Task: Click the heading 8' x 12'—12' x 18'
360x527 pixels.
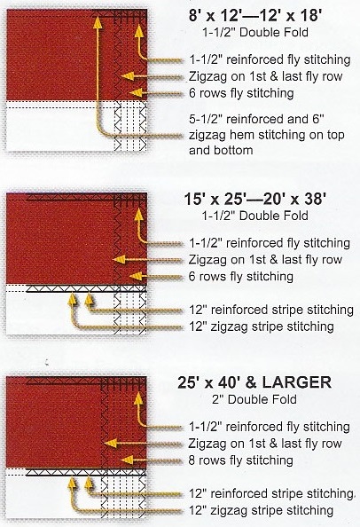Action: [x=256, y=16]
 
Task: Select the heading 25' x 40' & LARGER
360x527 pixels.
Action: [x=254, y=382]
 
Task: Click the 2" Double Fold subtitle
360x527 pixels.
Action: [x=254, y=399]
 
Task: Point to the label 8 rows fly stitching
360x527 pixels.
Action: [x=241, y=460]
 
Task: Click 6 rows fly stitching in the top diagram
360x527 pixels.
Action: [x=241, y=93]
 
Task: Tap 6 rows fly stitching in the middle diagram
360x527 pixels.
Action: [x=241, y=276]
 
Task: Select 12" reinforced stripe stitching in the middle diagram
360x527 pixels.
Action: [x=271, y=310]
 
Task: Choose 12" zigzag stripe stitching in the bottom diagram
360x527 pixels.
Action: [x=261, y=510]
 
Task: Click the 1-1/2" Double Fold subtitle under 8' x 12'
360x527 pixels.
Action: [x=255, y=32]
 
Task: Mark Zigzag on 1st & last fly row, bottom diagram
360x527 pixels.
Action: [x=264, y=444]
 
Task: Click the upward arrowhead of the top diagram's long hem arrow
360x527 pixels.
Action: [x=98, y=21]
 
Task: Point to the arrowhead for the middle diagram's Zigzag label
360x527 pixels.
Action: [x=119, y=259]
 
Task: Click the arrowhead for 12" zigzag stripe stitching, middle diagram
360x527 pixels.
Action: [x=72, y=300]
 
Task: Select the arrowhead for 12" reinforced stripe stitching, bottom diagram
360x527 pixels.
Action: [x=89, y=484]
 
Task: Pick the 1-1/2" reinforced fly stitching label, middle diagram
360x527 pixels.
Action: [x=270, y=243]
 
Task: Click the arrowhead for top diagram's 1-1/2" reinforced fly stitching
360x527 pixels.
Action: [x=139, y=31]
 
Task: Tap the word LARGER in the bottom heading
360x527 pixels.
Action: [x=297, y=382]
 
